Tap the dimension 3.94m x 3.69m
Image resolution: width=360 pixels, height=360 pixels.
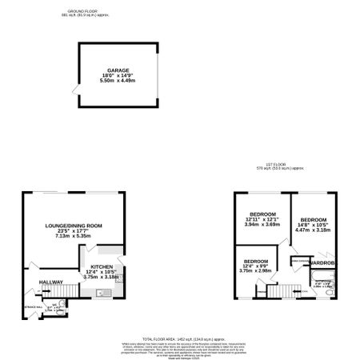coord(262,226)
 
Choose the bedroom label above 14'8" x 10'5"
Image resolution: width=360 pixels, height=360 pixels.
coord(313,219)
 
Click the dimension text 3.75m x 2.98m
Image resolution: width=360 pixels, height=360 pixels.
coord(256,270)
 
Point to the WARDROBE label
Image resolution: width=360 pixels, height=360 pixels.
coord(322,263)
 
